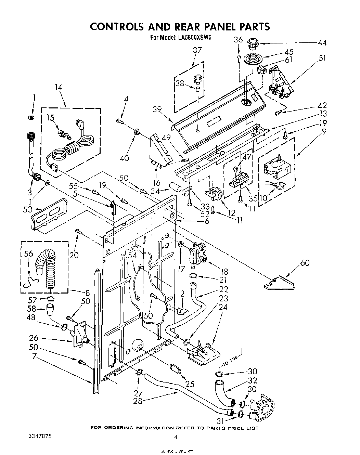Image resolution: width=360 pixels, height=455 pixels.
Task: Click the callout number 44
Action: (x=322, y=43)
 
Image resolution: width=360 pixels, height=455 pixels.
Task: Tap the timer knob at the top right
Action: (x=253, y=44)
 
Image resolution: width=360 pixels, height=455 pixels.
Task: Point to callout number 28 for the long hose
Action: (x=138, y=401)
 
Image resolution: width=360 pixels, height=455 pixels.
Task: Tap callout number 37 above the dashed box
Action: (x=197, y=50)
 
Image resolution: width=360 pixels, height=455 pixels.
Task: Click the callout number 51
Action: (x=322, y=57)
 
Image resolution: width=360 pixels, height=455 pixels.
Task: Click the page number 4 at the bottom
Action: (x=176, y=437)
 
